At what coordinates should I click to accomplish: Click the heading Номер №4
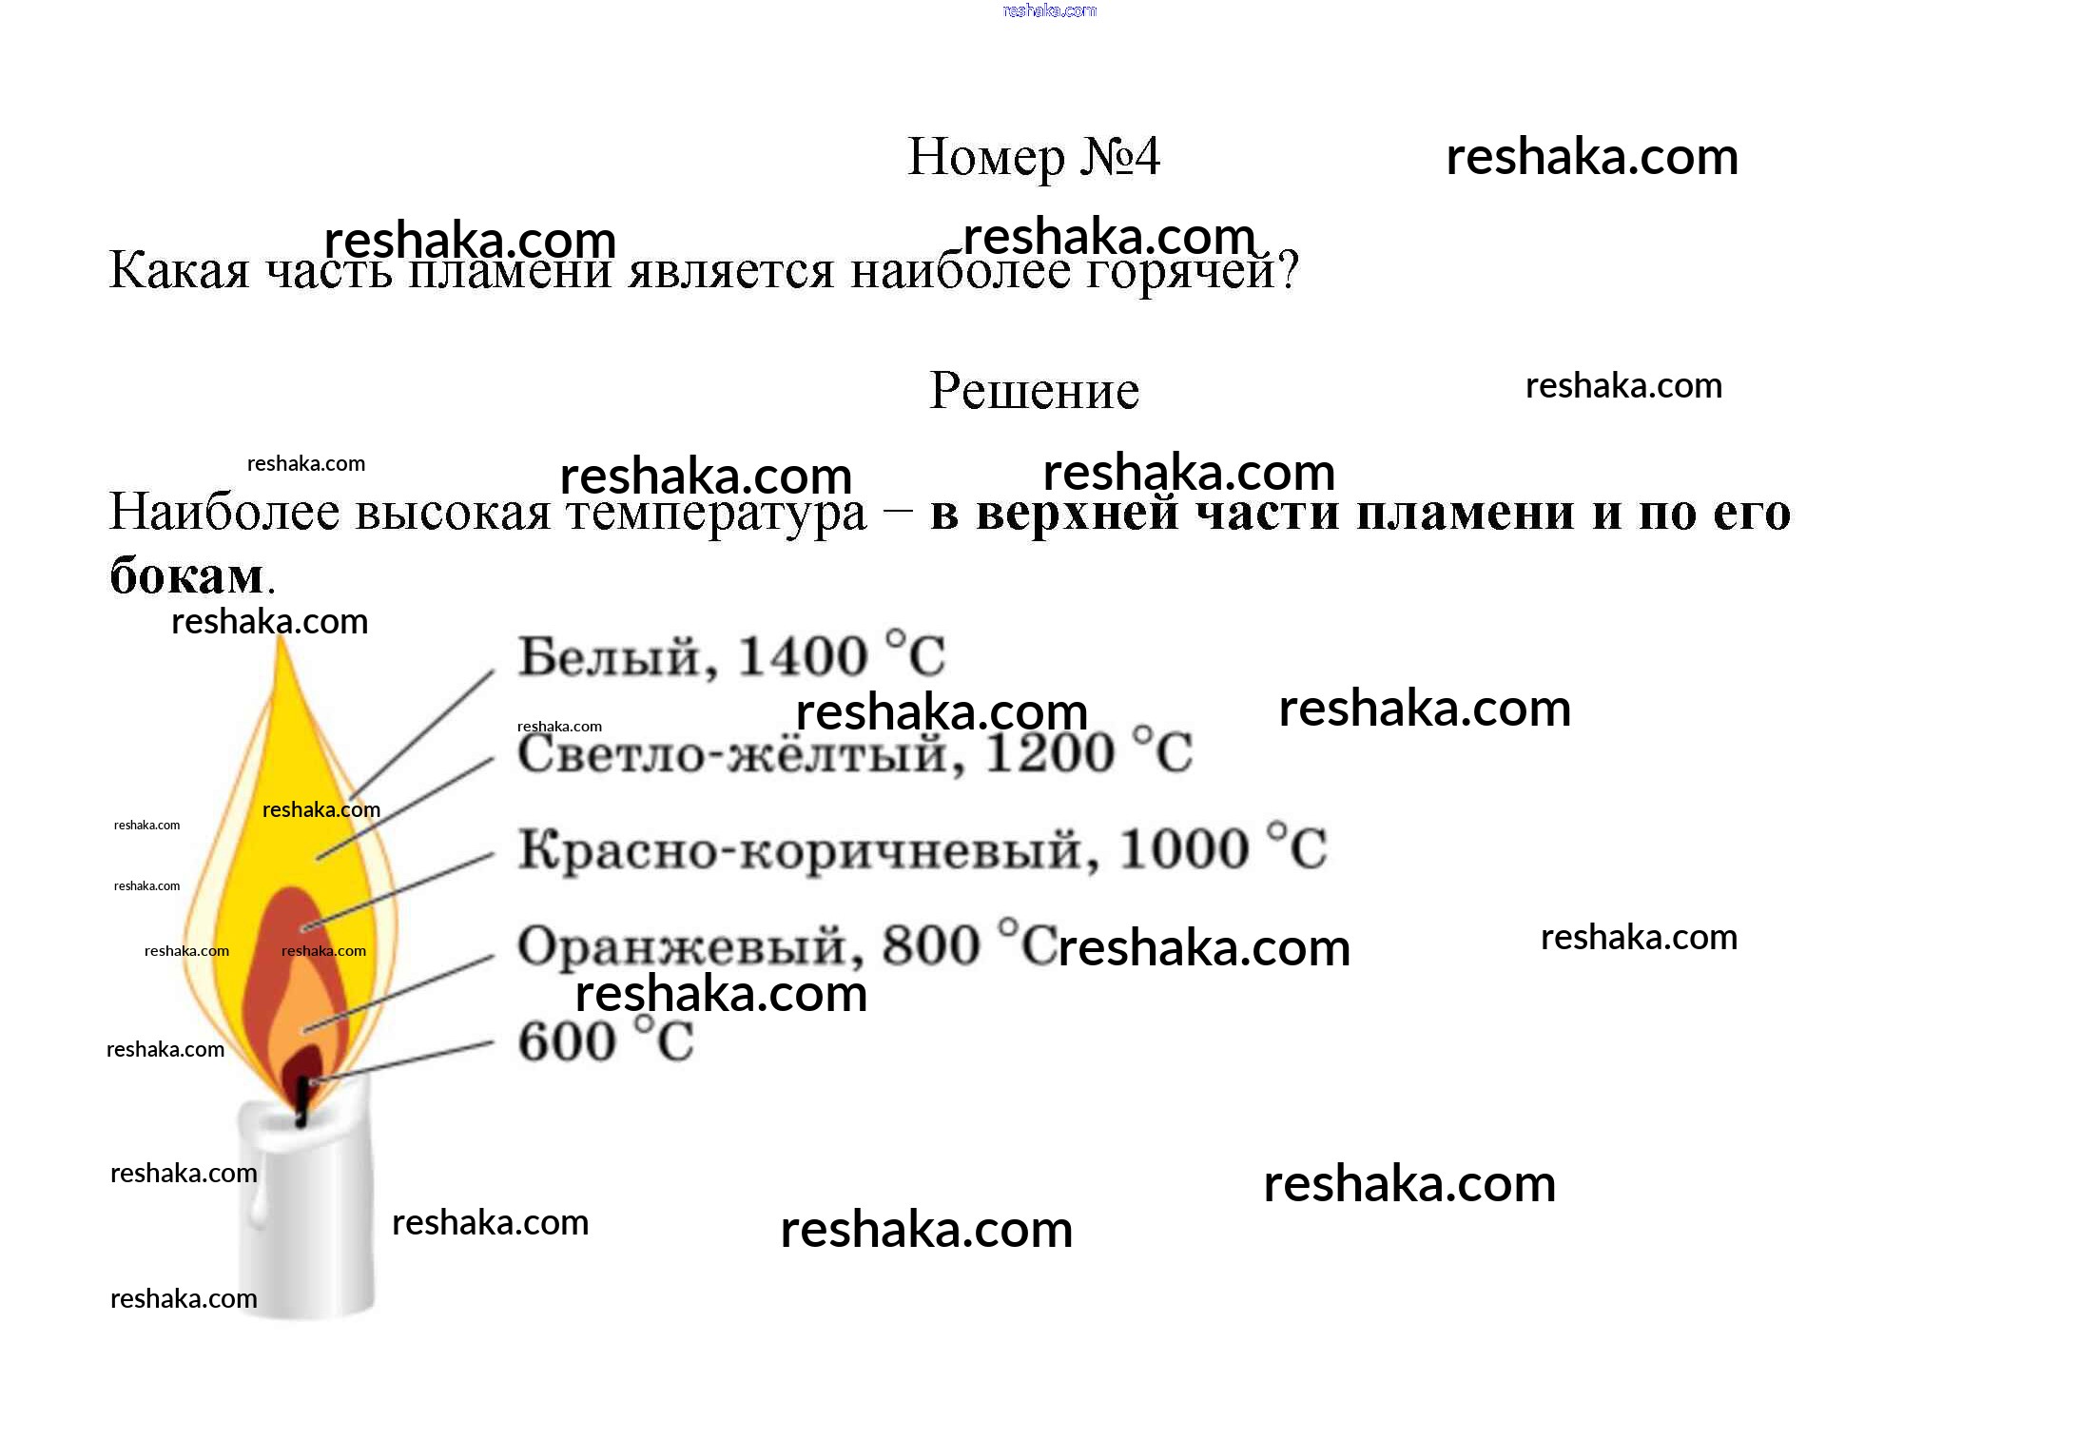[1033, 157]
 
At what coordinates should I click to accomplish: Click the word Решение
[1034, 390]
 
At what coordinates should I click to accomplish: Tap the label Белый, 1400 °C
[730, 656]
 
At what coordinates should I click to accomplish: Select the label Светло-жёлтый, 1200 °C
[853, 754]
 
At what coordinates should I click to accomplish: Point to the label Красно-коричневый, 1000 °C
[922, 849]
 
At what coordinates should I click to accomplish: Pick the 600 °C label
[605, 1042]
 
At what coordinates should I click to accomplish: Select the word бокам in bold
[186, 576]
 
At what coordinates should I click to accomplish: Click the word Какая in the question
[179, 272]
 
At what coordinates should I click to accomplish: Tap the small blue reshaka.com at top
[1049, 10]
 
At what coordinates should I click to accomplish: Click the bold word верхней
[1077, 514]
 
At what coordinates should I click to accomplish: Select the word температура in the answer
[716, 514]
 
